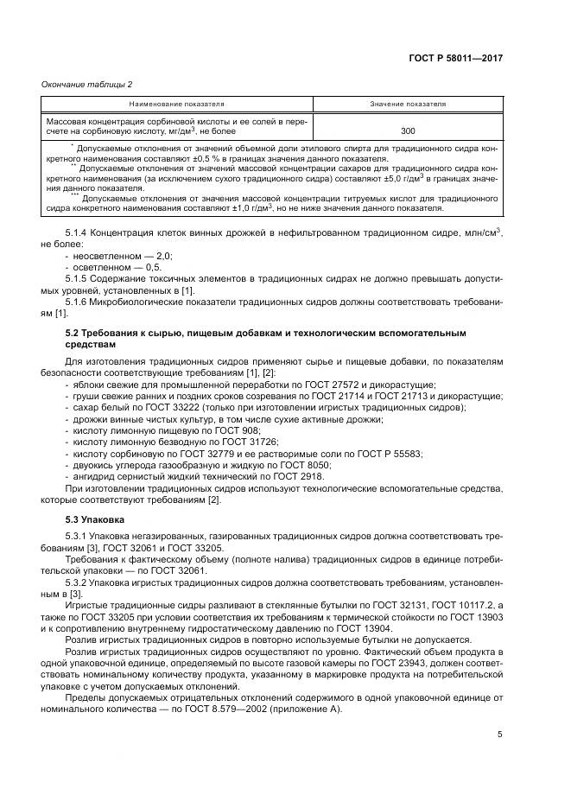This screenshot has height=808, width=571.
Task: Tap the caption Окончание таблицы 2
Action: coord(86,84)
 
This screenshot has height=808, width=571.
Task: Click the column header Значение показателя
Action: coord(409,103)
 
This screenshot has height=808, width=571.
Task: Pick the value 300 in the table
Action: coord(408,131)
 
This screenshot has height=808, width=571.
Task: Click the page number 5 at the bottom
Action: coord(499,734)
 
